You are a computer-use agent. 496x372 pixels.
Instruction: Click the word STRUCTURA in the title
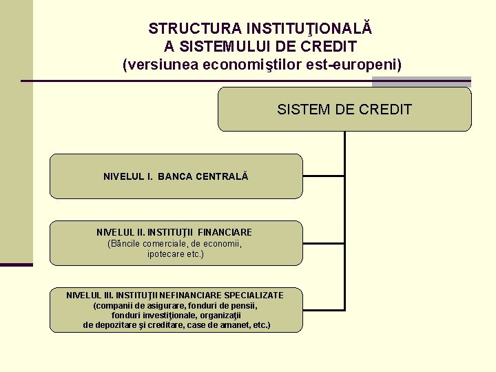[185, 29]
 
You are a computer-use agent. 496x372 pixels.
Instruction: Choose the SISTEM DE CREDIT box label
[344, 109]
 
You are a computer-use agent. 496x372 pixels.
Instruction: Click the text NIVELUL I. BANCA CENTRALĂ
[176, 176]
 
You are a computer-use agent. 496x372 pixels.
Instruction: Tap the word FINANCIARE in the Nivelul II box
[226, 232]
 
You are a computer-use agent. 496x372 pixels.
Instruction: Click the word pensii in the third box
[245, 305]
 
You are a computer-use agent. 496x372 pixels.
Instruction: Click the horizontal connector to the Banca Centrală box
[324, 176]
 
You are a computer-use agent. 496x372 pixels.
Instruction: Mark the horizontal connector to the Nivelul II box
[324, 243]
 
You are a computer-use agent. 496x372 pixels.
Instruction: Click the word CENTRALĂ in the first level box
[222, 176]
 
